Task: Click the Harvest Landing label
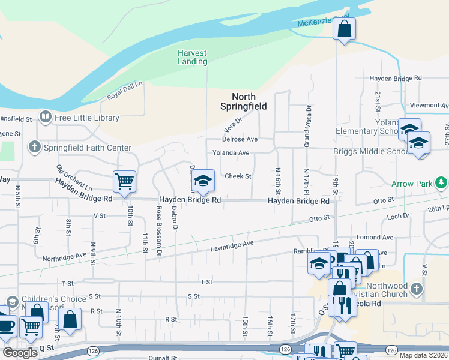point(192,57)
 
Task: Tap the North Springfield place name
point(244,101)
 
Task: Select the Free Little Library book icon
point(45,116)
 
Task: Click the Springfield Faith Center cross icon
point(35,146)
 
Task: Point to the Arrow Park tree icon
point(441,182)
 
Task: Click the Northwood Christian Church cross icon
point(417,290)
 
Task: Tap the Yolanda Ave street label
point(231,153)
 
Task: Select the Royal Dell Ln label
point(125,91)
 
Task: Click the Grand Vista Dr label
point(306,126)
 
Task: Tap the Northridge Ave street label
point(65,257)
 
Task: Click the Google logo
point(20,353)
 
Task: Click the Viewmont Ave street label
point(428,105)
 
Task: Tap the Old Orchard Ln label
point(74,178)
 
